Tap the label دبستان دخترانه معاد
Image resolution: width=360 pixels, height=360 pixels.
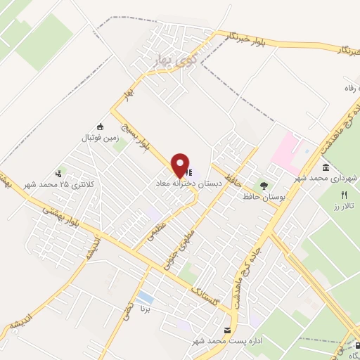click(x=189, y=183)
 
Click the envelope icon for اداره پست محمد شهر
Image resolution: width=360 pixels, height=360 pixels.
click(x=226, y=330)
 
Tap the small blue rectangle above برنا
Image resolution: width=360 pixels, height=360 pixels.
click(x=146, y=297)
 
